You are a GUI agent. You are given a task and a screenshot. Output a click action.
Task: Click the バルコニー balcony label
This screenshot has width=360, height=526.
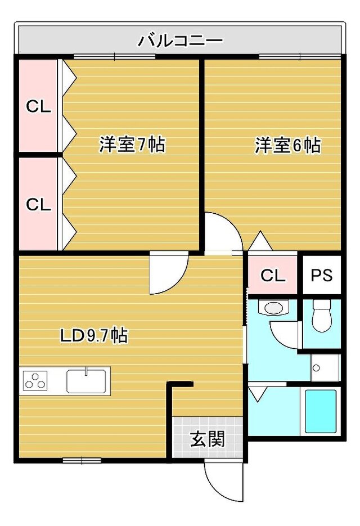[x=181, y=41]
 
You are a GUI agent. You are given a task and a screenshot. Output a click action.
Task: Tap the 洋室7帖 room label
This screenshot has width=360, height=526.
[x=132, y=145]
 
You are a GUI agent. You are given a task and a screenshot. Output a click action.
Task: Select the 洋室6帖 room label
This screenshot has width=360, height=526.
[x=288, y=145]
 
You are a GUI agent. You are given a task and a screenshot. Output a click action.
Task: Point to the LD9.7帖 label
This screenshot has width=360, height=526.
[x=93, y=335]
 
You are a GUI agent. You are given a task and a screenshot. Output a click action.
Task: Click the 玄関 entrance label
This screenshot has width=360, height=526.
[x=208, y=439]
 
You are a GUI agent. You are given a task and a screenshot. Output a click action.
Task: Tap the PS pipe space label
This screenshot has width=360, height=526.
[x=322, y=275]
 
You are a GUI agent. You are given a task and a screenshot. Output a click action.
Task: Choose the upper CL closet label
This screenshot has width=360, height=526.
[x=39, y=107]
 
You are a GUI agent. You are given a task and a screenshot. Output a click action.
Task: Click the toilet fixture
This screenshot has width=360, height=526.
[x=322, y=316]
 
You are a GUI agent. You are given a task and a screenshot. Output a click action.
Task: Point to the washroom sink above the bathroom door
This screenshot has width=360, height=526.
[x=273, y=307]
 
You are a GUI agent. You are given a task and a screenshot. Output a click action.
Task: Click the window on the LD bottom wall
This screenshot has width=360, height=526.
[x=82, y=460]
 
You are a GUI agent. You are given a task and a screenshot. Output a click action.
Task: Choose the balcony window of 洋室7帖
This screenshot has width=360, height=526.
[x=114, y=57]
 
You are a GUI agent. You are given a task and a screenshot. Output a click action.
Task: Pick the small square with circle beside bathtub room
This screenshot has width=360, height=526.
[x=321, y=368]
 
